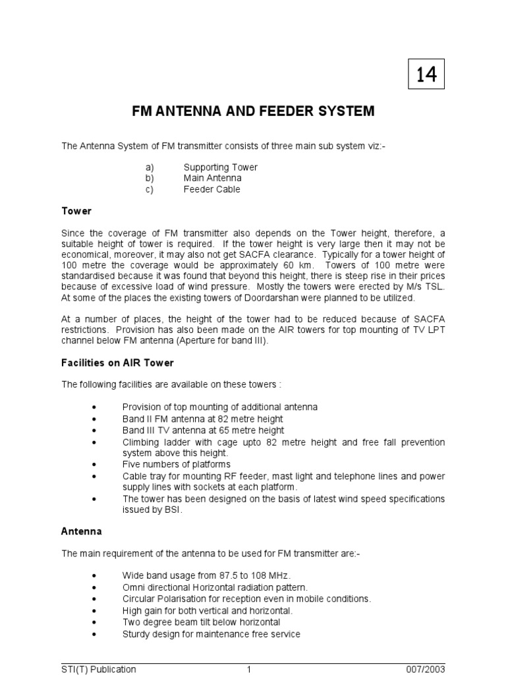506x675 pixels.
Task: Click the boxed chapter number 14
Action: coord(426,74)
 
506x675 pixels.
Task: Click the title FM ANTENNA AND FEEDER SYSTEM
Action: coord(253,111)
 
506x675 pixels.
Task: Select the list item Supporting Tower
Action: coord(220,167)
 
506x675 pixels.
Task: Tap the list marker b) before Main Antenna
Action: coord(150,178)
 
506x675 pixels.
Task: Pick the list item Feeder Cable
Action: coord(211,189)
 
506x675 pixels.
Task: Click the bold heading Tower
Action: coord(76,211)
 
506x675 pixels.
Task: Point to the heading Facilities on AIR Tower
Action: coord(117,363)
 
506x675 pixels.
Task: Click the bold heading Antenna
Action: coord(81,531)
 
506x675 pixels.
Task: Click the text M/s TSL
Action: coord(426,287)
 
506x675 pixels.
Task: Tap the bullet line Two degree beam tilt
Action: coord(201,622)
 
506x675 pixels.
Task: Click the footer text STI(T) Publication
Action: coord(99,669)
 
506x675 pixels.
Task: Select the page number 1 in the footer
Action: coord(249,669)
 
